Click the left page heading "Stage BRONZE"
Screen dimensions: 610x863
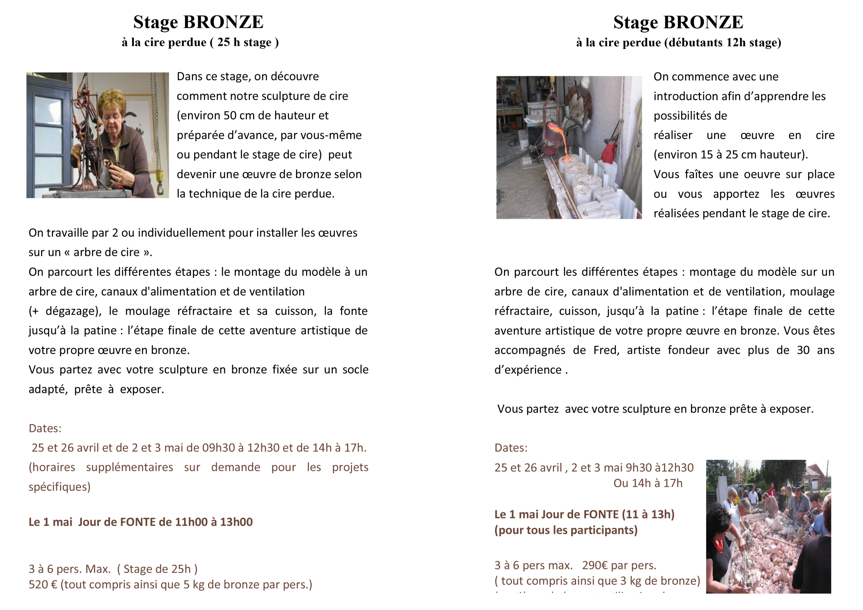tap(198, 22)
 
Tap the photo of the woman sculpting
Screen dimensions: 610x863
tap(97, 135)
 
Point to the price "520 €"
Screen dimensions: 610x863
tap(43, 584)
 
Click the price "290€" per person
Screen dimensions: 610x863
tap(595, 565)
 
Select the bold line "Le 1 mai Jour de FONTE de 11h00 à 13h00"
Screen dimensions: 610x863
tap(141, 522)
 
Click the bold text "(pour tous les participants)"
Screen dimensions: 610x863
tap(566, 530)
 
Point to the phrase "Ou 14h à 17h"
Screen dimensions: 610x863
tap(648, 483)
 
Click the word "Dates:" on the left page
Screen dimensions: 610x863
tap(45, 428)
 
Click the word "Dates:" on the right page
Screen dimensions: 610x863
tap(511, 448)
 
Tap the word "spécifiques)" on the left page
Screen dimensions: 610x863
tap(59, 487)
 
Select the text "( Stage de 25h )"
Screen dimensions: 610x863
tap(157, 569)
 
